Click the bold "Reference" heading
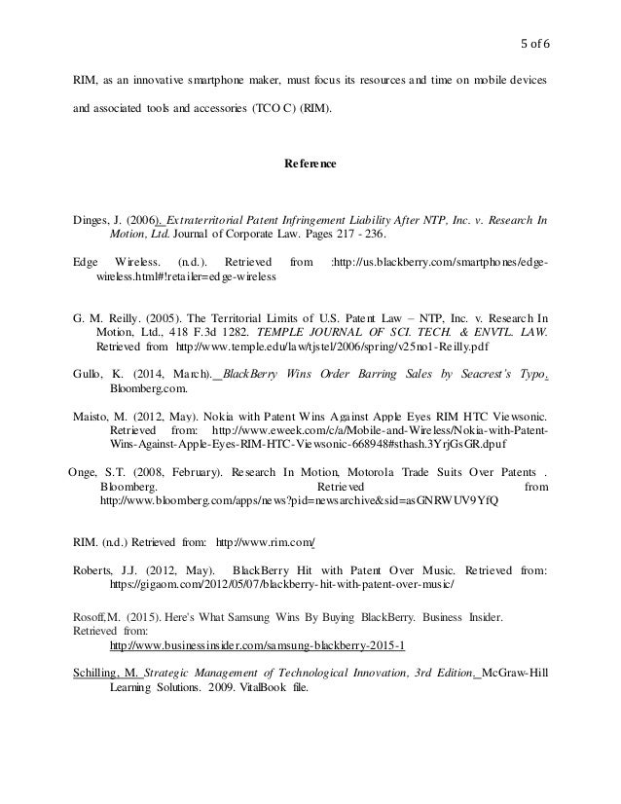(310, 164)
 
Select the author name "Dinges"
(94, 219)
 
